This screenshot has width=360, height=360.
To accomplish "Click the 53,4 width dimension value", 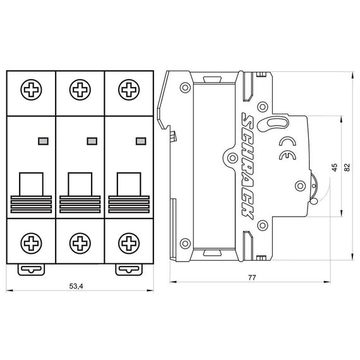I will [x=76, y=286].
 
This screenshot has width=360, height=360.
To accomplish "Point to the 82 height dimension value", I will [x=346, y=167].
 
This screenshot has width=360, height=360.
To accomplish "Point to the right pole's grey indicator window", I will [x=140, y=140].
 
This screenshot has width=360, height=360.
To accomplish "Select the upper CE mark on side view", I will [x=285, y=141].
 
